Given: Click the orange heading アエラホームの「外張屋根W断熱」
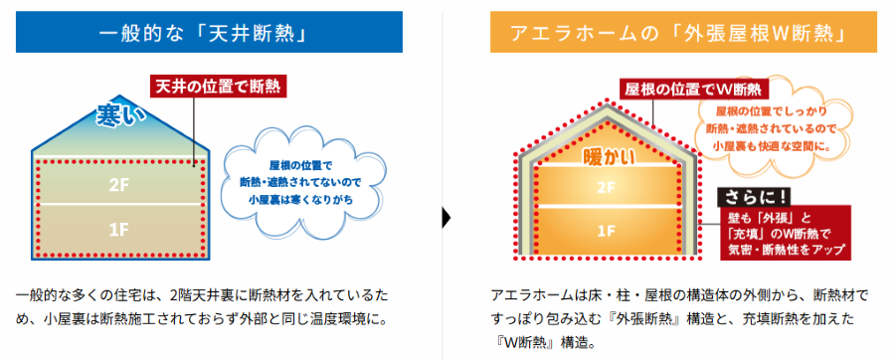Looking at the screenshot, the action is pos(683,34).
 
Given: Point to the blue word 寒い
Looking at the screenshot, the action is pos(120,115).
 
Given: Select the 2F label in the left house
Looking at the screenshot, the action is pos(118,184).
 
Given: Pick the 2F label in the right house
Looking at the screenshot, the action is pos(607,187).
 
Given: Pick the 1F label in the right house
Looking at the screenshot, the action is pos(607,232).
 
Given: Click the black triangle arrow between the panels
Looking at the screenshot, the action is pos(447,216).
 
